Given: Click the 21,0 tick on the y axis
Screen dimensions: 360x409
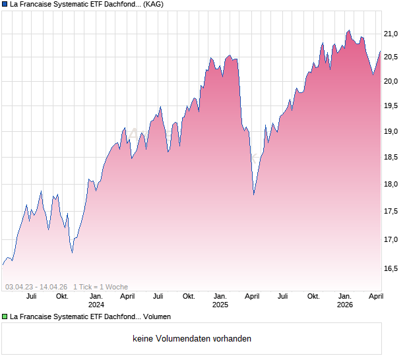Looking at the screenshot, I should click(x=392, y=34).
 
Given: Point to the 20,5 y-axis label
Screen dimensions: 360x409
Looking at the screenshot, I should click(x=392, y=57).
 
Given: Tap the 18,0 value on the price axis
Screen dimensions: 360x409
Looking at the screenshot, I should click(x=392, y=184).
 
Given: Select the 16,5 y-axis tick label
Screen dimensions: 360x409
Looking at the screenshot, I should click(x=392, y=268).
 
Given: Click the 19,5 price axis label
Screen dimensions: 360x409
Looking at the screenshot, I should click(x=392, y=105).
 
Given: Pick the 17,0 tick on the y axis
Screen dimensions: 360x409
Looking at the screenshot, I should click(x=392, y=239).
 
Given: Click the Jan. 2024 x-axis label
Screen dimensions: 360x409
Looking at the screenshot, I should click(x=96, y=300).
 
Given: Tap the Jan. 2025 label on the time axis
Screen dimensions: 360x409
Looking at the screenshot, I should click(x=220, y=300).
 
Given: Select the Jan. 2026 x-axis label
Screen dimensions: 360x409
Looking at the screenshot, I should click(x=344, y=300).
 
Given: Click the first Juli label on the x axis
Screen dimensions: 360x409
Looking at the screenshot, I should click(x=31, y=296).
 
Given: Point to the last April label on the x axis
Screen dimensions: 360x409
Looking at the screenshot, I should click(x=375, y=296).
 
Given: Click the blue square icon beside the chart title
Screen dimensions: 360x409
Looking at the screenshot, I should click(x=5, y=4).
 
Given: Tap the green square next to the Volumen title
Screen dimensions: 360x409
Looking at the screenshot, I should click(x=5, y=316).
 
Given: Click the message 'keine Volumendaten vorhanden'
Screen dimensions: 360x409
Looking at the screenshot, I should click(x=192, y=339).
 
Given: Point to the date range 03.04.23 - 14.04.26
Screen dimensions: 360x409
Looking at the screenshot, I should click(x=36, y=287).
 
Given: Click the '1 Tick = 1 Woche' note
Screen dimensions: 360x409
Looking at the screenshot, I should click(x=100, y=287).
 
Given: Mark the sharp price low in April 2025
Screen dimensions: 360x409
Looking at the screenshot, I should click(x=254, y=195).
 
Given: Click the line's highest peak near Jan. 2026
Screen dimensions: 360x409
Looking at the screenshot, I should click(x=348, y=30).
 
